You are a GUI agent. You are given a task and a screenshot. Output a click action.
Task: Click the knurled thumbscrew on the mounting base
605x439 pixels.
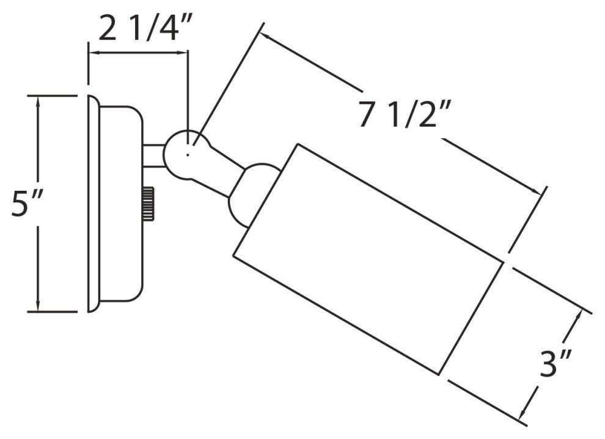[x=148, y=204]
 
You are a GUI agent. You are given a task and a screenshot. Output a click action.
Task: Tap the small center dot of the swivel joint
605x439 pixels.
[x=187, y=155]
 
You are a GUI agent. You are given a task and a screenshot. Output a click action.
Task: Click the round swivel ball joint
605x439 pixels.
[x=187, y=155]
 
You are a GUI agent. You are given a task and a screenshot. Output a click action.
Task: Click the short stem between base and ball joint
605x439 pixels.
[x=154, y=156]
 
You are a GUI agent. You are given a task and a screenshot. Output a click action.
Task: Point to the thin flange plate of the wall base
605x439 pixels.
[x=93, y=203]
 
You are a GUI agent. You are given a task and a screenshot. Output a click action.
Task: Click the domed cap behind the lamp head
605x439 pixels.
[x=253, y=194]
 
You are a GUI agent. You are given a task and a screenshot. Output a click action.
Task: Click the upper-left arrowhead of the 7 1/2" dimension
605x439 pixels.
[x=267, y=37]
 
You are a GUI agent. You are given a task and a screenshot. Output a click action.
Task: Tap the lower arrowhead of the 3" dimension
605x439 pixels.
[x=523, y=413]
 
